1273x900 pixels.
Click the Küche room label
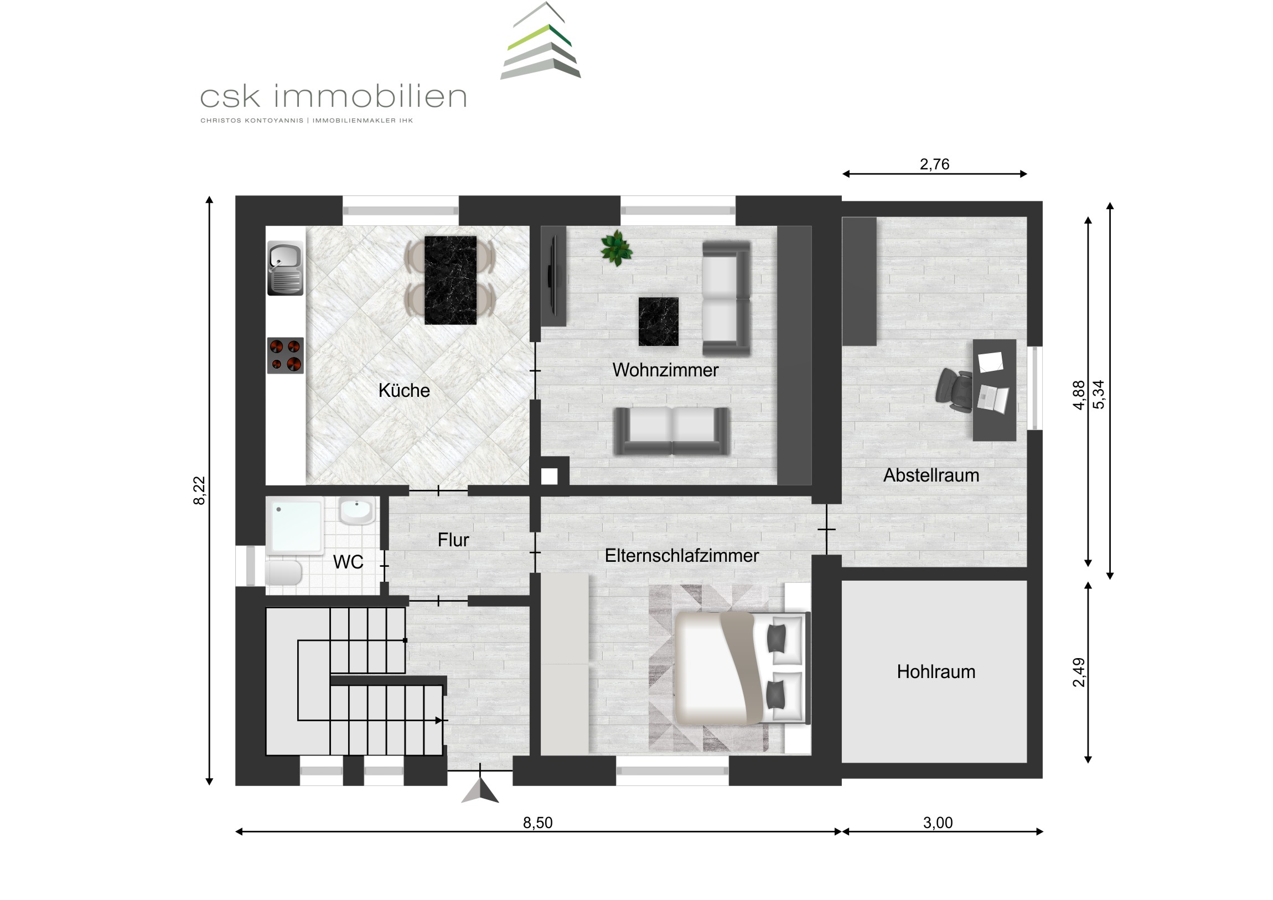click(403, 390)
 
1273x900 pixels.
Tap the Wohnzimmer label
click(665, 370)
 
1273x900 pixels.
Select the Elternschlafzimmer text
click(681, 556)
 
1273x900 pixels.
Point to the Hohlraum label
click(936, 672)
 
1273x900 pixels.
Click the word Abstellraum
click(931, 475)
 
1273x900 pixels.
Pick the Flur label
click(453, 540)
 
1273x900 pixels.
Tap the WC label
click(348, 562)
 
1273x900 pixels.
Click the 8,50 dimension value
click(538, 823)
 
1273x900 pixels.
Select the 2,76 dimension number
click(934, 164)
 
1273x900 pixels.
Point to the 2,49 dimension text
click(1079, 672)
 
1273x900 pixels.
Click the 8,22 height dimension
click(199, 491)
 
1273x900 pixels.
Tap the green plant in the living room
click(616, 248)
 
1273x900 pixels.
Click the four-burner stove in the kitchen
click(286, 355)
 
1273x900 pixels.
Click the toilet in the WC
click(283, 572)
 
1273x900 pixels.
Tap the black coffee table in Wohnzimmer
click(658, 322)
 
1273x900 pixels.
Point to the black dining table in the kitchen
click(450, 280)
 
